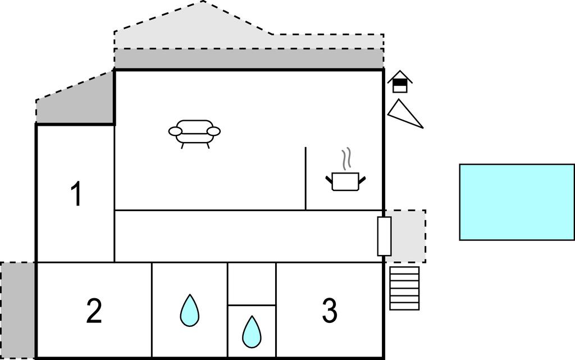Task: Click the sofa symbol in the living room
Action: tap(194, 133)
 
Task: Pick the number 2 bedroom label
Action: tap(94, 311)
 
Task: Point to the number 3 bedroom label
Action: tap(329, 311)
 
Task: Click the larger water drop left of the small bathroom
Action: tap(190, 311)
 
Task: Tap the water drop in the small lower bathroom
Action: tap(252, 332)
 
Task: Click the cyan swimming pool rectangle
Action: tap(517, 202)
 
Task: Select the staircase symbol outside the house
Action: tap(404, 288)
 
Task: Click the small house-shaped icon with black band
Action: tap(400, 82)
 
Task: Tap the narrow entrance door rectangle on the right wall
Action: tap(384, 236)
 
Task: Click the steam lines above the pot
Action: tap(348, 158)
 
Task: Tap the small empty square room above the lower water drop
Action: tap(252, 284)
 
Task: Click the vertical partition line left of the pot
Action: tap(305, 179)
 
